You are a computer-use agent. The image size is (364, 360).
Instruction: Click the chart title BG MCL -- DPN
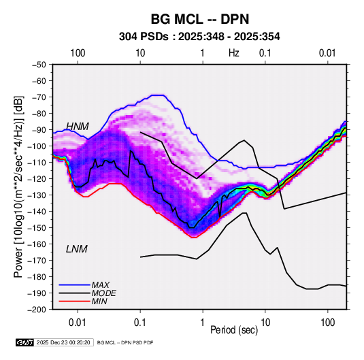[x=200, y=19]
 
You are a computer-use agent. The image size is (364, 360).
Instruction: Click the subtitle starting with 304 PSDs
[x=199, y=37]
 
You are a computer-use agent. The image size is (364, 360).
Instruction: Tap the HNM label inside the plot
[x=78, y=127]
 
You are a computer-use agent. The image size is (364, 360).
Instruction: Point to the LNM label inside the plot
[x=77, y=249]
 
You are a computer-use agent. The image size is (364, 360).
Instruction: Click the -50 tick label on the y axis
[x=39, y=65]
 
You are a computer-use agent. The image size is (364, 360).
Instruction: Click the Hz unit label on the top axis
[x=234, y=53]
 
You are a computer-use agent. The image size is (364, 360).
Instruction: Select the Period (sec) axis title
[x=234, y=330]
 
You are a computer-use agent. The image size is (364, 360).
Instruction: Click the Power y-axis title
[x=18, y=186]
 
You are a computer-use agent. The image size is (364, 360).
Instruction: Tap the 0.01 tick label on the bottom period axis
[x=78, y=323]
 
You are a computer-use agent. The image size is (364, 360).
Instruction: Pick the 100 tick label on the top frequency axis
[x=78, y=53]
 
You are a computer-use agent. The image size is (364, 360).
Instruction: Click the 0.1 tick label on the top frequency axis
[x=265, y=53]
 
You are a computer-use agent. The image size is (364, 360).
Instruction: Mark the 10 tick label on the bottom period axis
[x=265, y=323]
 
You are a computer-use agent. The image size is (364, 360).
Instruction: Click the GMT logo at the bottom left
[x=25, y=342]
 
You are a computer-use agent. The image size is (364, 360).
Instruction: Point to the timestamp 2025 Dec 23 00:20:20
[x=63, y=342]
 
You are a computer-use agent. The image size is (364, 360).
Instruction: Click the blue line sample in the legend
[x=74, y=285]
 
